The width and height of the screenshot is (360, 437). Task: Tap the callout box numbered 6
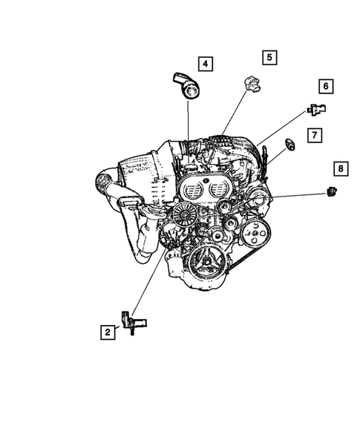[325, 86]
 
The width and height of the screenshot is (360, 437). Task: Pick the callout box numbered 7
[315, 135]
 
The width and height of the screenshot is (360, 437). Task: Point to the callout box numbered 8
[340, 170]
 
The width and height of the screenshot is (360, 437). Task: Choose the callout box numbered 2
[108, 333]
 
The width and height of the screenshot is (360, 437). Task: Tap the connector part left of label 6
[316, 111]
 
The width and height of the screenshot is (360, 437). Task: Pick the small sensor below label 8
[331, 193]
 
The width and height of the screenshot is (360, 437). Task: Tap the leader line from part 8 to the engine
[297, 195]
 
